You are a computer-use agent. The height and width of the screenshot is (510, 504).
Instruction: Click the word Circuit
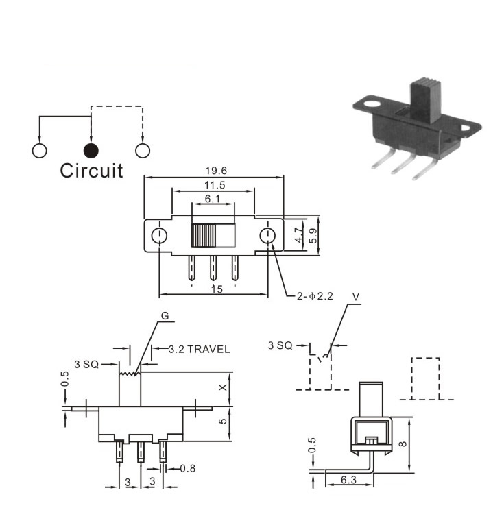[91, 171]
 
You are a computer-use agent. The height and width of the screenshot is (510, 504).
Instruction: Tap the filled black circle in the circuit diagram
[91, 151]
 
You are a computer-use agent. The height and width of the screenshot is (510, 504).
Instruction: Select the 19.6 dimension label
[216, 171]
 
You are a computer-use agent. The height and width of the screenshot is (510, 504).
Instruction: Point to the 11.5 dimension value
[215, 185]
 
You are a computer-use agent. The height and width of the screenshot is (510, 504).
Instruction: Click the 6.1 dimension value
[213, 198]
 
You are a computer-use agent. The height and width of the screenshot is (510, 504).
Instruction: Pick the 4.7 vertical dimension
[298, 235]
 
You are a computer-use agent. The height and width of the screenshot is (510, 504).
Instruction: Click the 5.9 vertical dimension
[313, 236]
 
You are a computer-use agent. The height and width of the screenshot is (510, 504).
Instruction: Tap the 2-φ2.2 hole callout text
[315, 296]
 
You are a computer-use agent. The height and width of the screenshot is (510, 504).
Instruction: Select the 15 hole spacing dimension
[217, 289]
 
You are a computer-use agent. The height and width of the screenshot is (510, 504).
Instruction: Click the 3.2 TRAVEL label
[199, 350]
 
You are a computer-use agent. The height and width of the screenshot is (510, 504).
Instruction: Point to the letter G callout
[165, 316]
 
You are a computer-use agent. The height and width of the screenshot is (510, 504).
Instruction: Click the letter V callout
[356, 297]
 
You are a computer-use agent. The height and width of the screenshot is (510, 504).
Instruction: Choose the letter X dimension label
[223, 387]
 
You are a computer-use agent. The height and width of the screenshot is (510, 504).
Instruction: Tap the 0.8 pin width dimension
[188, 468]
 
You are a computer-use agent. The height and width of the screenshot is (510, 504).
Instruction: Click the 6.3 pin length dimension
[348, 480]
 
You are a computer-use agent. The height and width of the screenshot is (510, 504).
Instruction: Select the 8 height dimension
[403, 444]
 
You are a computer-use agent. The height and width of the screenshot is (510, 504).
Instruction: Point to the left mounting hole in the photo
[372, 104]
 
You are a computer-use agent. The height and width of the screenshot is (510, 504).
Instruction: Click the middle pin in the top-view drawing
[213, 268]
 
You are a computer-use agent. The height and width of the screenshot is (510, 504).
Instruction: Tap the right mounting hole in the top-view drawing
[267, 236]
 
